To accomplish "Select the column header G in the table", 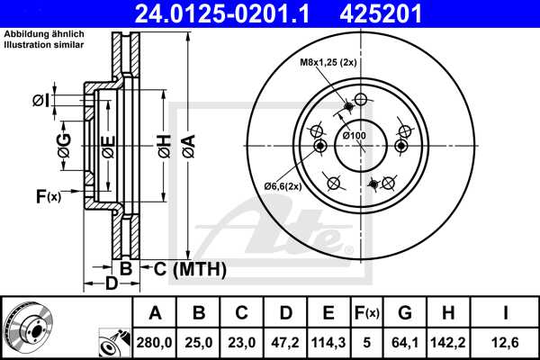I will [404, 313].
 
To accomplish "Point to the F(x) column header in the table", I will [367, 313].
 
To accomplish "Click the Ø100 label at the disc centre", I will [355, 135].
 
